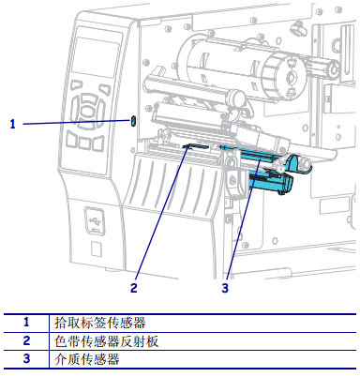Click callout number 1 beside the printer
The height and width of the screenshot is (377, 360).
[12, 124]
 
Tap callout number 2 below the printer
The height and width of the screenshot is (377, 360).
[134, 288]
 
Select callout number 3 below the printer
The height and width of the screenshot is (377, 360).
[225, 288]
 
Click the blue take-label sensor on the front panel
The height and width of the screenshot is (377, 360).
[132, 121]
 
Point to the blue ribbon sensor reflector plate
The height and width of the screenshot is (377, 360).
[196, 145]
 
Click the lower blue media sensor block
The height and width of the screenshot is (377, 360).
[271, 182]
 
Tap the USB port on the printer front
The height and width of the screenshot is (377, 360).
[94, 220]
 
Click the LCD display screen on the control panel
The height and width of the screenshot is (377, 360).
[96, 57]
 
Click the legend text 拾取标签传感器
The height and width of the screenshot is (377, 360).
[100, 323]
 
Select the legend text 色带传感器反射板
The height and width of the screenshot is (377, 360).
[107, 341]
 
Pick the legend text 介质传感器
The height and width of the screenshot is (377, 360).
[87, 359]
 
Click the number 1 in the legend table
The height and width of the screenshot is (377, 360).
[26, 322]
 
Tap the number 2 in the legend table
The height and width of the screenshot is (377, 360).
[26, 340]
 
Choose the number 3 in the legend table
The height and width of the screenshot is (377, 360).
[26, 358]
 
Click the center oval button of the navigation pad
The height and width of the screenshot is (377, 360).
[87, 110]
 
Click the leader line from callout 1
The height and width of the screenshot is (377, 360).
[77, 122]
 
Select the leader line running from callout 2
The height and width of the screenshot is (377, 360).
[162, 213]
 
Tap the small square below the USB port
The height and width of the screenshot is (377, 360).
[96, 249]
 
